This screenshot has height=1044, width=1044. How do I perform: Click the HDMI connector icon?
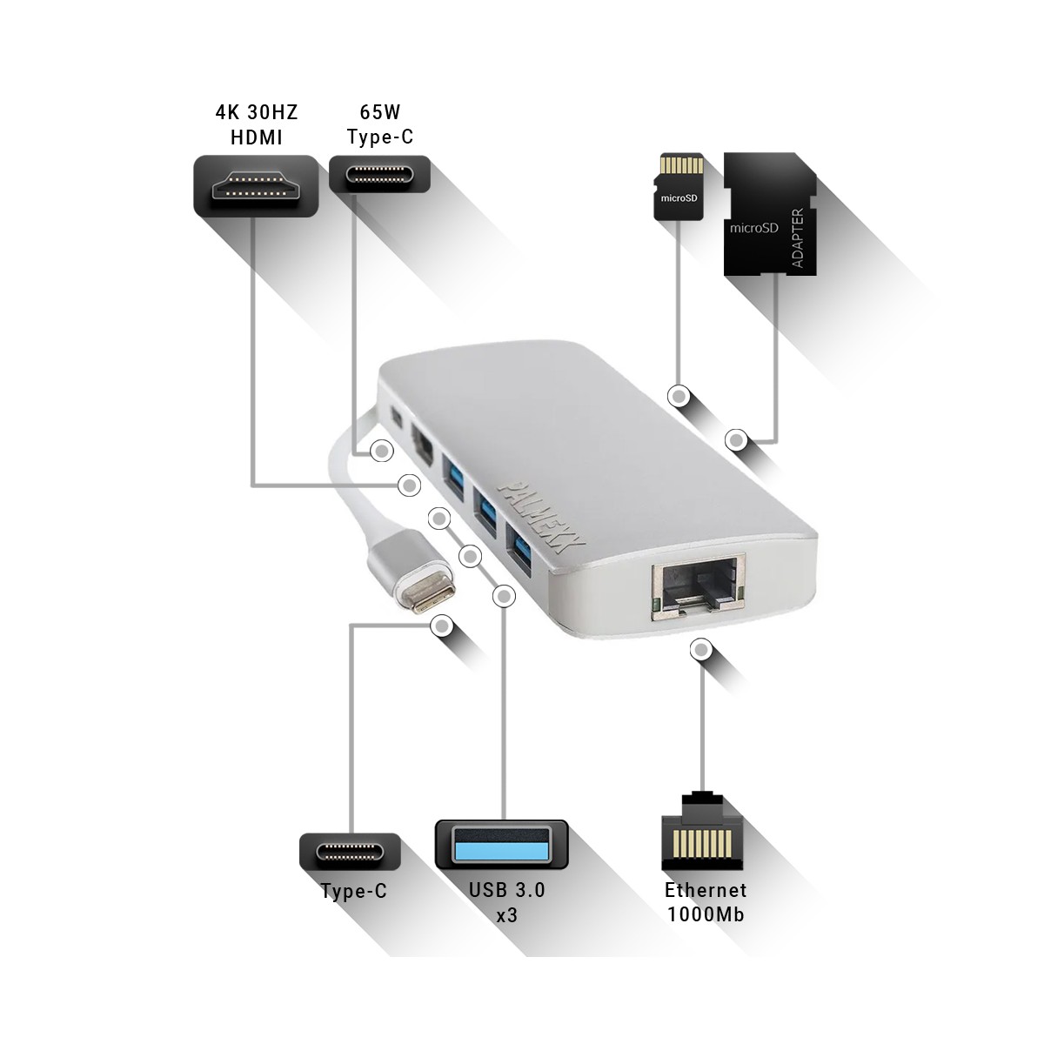click(256, 186)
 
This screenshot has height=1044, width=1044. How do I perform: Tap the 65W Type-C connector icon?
click(380, 174)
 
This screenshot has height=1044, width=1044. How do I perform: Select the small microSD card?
click(679, 187)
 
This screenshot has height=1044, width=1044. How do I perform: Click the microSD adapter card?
click(770, 214)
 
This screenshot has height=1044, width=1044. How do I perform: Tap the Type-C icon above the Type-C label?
click(351, 853)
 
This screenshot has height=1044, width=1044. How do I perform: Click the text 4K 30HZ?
click(257, 112)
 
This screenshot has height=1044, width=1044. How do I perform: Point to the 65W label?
click(380, 112)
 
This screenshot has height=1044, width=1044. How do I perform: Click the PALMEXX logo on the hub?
click(533, 515)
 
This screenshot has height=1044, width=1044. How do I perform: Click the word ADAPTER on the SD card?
click(798, 238)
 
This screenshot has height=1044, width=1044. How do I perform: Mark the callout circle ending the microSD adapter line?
click(736, 440)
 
